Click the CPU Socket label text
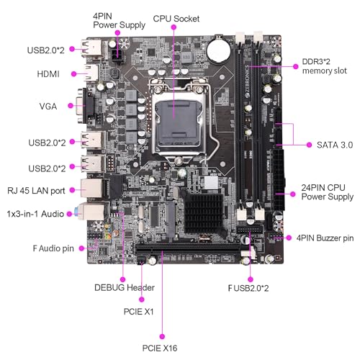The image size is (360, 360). click(x=177, y=18)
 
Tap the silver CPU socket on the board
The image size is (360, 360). click(x=178, y=120)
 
